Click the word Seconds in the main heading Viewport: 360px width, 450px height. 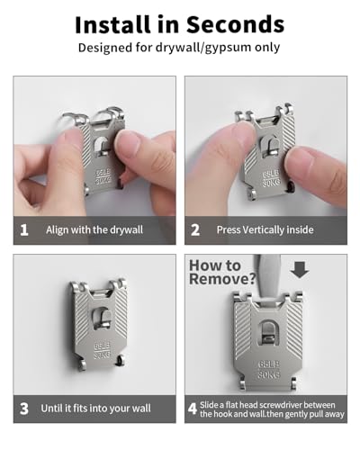click(x=236, y=24)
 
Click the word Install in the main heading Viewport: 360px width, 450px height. click(x=112, y=24)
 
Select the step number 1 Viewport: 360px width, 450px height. click(x=24, y=230)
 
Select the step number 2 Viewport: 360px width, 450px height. click(x=195, y=230)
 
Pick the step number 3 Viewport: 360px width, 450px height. click(x=24, y=409)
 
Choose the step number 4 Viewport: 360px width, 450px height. click(x=193, y=409)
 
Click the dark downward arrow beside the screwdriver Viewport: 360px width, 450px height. click(x=300, y=270)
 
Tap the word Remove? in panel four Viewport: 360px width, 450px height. click(x=222, y=279)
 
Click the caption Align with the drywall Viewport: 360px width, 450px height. click(x=94, y=230)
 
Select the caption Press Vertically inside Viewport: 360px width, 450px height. click(x=265, y=230)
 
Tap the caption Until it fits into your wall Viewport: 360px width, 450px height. click(x=96, y=409)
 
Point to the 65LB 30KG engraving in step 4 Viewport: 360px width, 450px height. click(x=269, y=370)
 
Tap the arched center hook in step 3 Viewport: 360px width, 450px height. click(x=102, y=318)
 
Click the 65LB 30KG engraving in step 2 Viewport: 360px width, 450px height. click(x=272, y=178)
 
